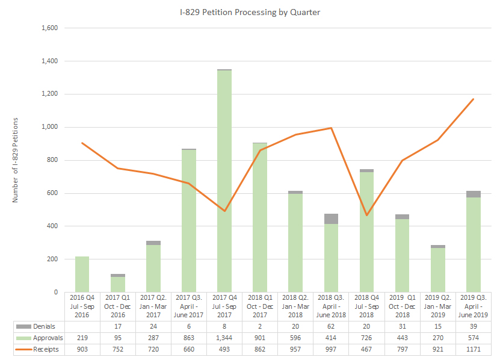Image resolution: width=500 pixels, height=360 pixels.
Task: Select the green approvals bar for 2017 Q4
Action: click(x=224, y=181)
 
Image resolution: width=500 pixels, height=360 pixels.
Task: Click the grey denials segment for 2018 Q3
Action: click(x=331, y=219)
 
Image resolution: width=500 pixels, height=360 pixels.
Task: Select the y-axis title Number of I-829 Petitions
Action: click(x=16, y=160)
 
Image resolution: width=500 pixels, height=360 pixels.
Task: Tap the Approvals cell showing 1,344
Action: click(x=224, y=338)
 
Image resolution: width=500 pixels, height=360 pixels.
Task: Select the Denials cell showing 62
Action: click(x=331, y=326)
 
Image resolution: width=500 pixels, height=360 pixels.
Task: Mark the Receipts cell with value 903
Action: click(x=82, y=349)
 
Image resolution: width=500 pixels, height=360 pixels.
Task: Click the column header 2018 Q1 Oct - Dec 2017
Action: click(x=260, y=306)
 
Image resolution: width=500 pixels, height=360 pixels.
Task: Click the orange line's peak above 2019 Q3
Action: click(x=474, y=99)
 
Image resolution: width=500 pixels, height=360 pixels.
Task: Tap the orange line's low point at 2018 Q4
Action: click(x=366, y=215)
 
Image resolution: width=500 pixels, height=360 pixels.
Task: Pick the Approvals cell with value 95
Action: click(x=117, y=338)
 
